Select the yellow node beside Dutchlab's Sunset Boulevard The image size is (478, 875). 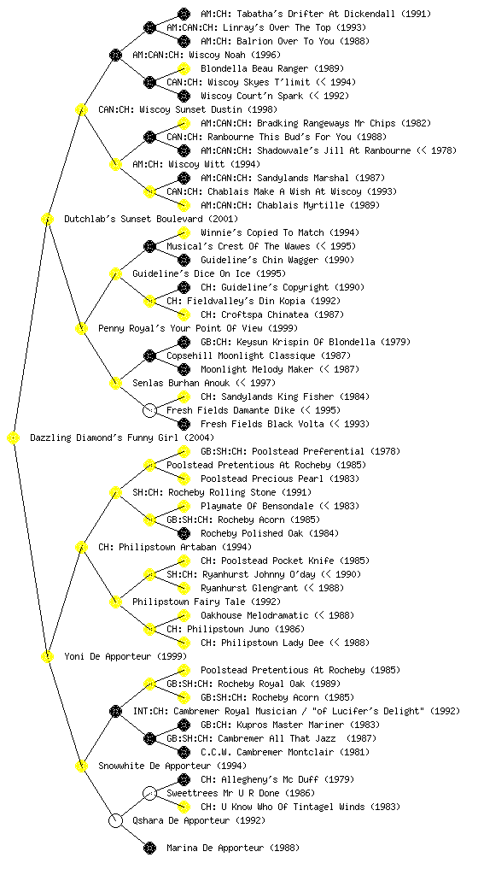coord(47,220)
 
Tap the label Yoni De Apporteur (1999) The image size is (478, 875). coord(125,657)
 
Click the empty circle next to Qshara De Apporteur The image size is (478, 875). coord(115,821)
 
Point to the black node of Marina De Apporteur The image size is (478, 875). coord(149,849)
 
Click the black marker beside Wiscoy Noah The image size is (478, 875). coord(115,56)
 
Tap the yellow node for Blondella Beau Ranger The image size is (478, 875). coord(184,68)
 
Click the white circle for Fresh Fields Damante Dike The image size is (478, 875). coord(149,411)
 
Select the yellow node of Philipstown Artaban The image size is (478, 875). coord(81,548)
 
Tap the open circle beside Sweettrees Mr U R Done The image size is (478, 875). coord(149,793)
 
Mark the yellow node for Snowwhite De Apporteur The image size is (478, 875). coord(81,766)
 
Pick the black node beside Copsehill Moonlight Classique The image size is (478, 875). coord(149,356)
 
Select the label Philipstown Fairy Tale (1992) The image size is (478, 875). coord(207,602)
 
